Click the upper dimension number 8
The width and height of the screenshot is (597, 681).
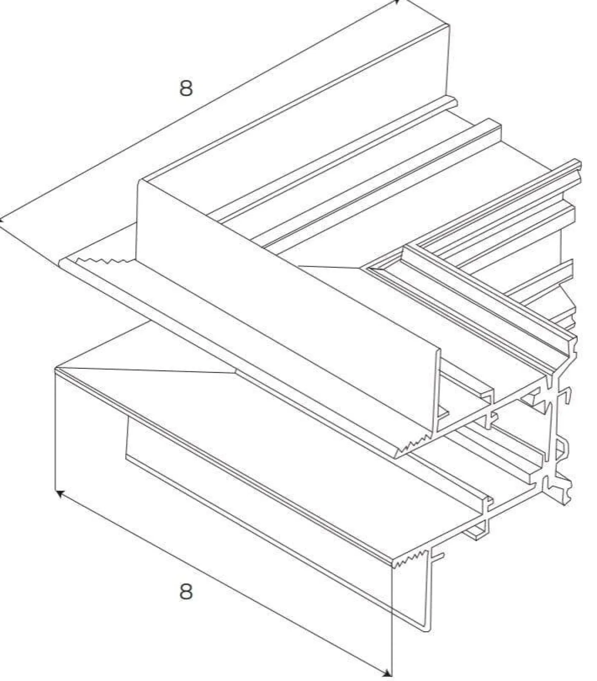point(186,88)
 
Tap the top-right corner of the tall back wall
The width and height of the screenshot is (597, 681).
point(449,25)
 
